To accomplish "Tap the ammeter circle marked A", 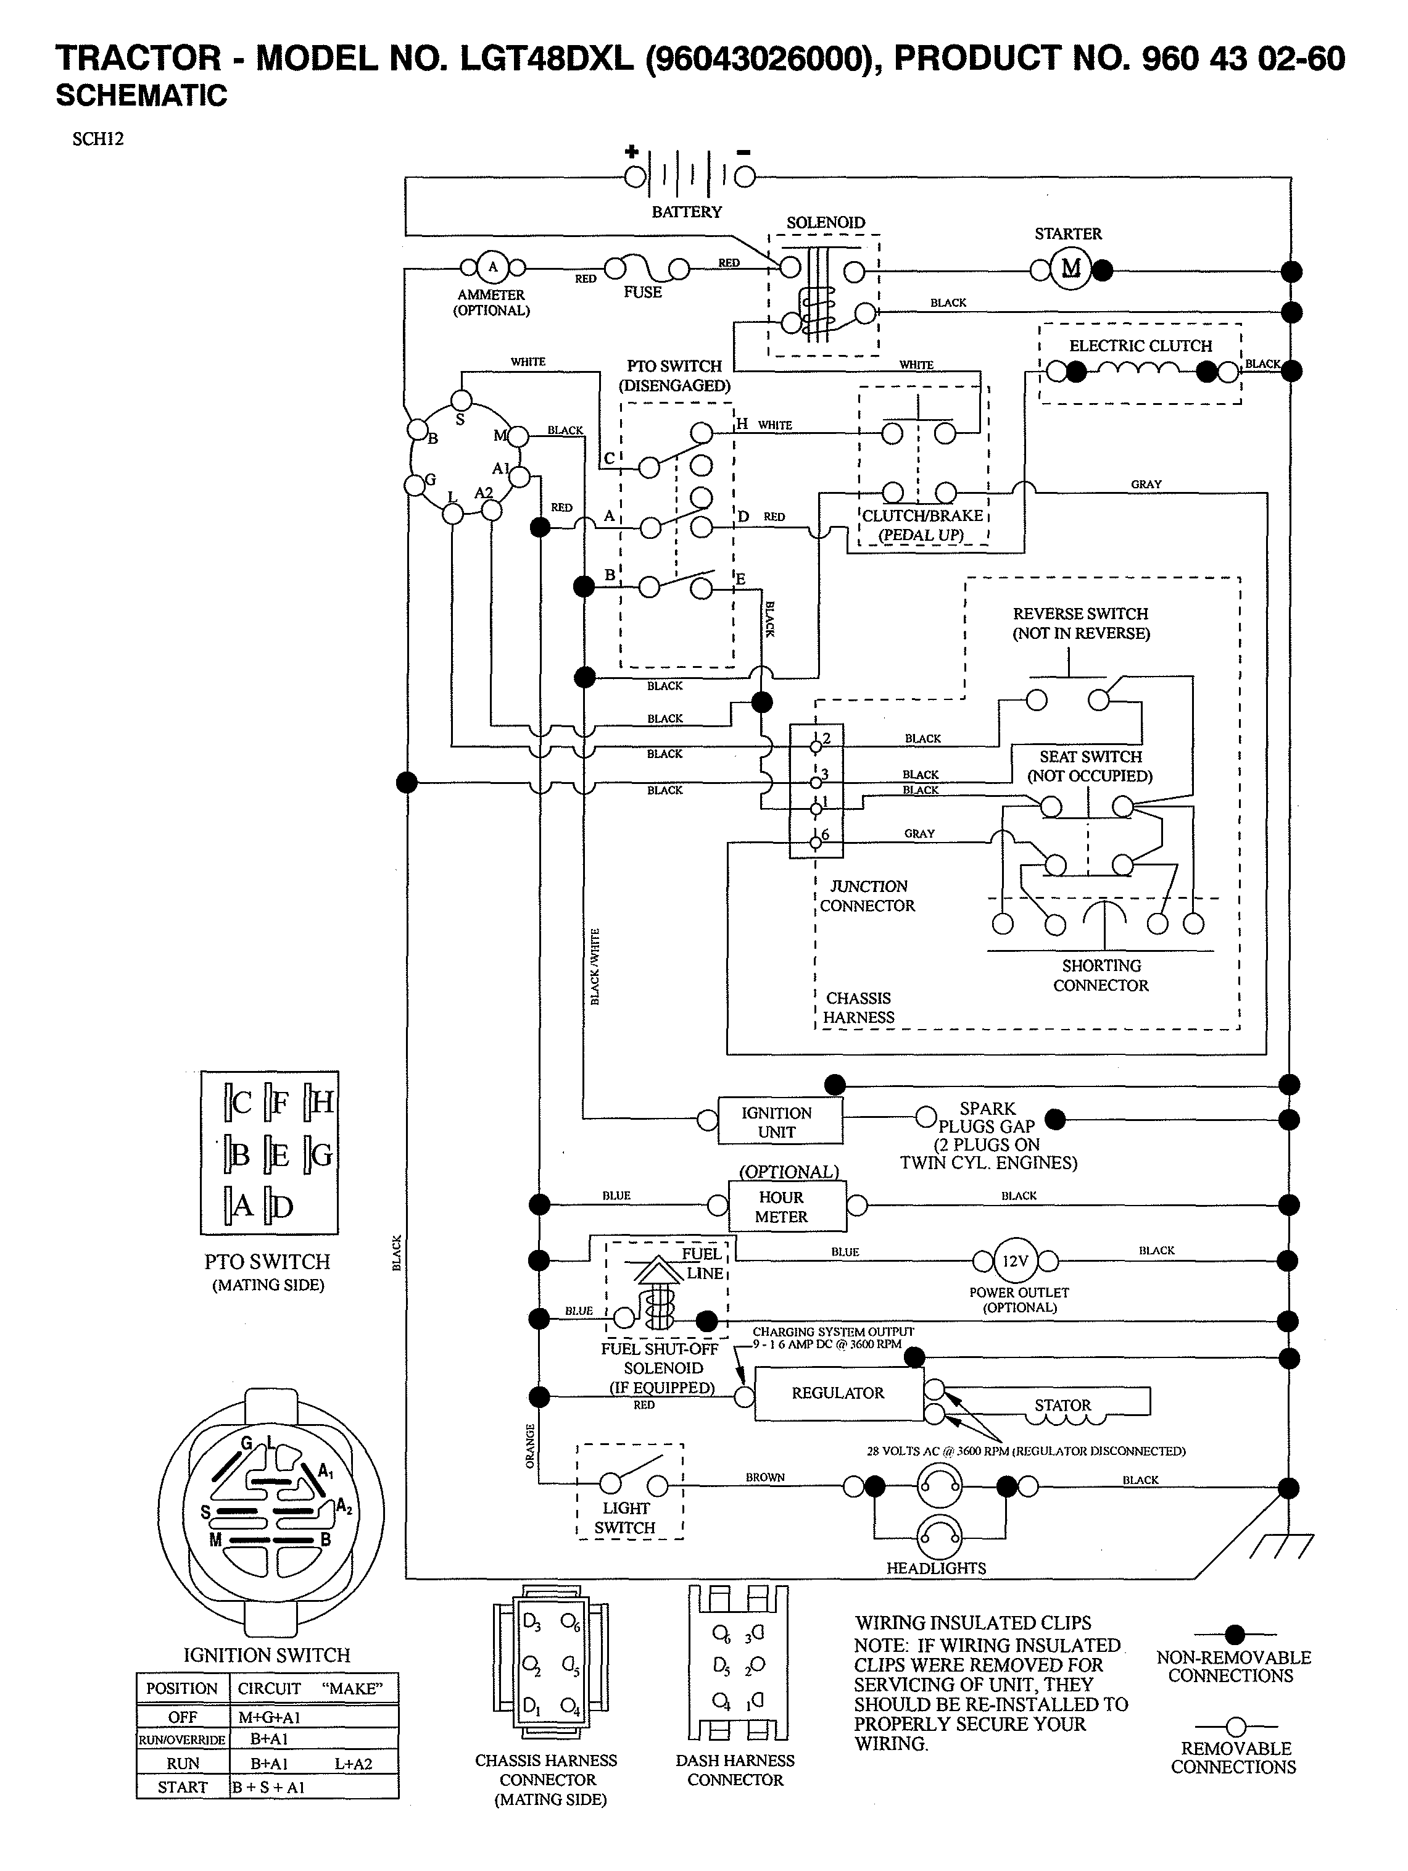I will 493,268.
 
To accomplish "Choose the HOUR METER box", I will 787,1207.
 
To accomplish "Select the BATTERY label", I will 687,212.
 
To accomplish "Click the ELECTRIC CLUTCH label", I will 1140,346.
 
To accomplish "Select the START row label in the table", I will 182,1787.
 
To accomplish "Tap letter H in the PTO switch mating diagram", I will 322,1102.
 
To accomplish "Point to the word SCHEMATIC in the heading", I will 141,96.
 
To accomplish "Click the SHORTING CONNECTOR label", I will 1101,975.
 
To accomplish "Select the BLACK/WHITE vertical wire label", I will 595,967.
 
